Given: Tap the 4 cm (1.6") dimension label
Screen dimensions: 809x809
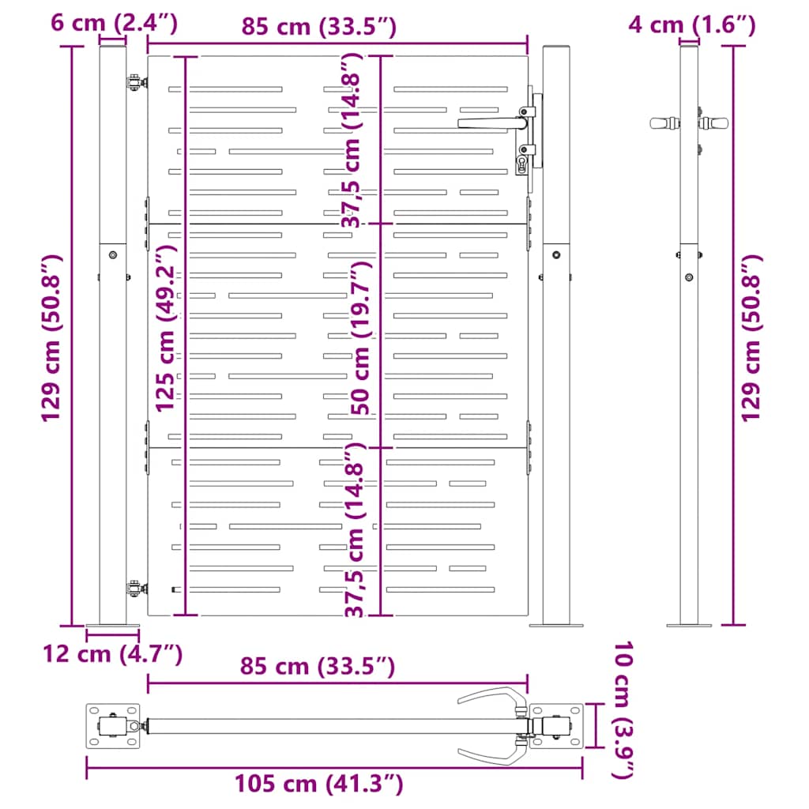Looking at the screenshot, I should click(692, 25).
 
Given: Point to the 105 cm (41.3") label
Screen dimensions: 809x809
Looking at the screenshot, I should click(319, 784).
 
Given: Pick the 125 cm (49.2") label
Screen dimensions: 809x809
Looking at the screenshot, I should click(166, 328).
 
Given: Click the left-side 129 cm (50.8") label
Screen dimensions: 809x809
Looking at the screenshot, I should click(52, 338).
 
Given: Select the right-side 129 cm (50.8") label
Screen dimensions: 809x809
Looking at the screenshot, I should click(751, 338).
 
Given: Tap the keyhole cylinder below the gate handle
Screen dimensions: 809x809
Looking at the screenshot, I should click(523, 164).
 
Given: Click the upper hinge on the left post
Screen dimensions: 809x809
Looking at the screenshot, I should click(135, 81).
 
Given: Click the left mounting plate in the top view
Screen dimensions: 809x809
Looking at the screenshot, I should click(113, 725).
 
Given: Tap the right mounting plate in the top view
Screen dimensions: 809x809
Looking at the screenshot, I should click(557, 726).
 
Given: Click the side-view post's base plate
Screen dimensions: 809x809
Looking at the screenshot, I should click(689, 625).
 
